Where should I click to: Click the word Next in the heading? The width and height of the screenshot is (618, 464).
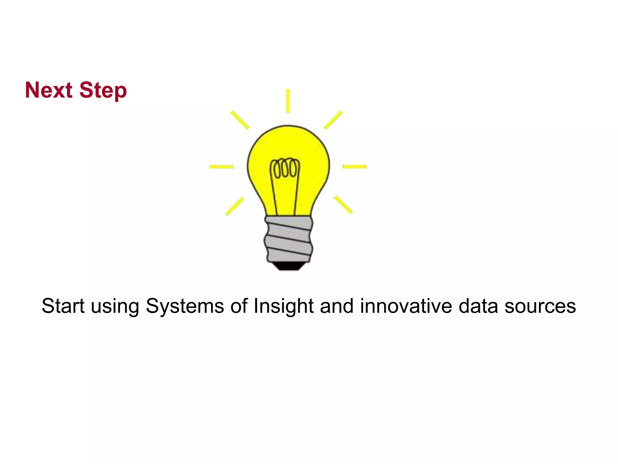pos(49,90)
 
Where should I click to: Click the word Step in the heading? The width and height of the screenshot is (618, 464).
pos(103,91)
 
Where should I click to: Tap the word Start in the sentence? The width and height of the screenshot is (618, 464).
pos(63,306)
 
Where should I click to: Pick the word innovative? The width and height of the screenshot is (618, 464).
pos(406,306)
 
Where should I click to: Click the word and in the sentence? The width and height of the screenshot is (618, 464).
pos(336,306)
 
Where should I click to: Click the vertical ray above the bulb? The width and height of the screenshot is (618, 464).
pos(288,101)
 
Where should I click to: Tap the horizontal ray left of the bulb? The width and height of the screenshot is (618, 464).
pos(221,166)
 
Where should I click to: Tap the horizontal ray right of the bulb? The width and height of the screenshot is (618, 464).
pos(354,166)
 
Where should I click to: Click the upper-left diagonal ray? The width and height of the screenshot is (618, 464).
pos(240,120)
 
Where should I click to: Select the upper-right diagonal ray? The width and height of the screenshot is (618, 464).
pos(333,120)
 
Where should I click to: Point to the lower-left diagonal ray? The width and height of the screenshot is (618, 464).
pos(234,206)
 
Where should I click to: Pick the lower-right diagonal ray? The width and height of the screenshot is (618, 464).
pos(343,205)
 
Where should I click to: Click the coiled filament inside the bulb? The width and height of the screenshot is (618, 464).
pos(285,168)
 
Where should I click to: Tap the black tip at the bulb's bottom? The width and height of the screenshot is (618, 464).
pos(288,266)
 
